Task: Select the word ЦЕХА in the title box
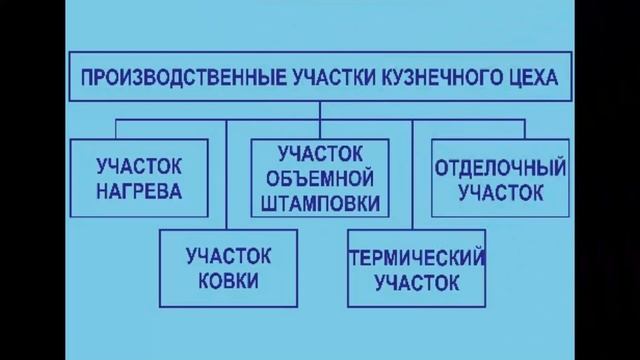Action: pyautogui.click(x=524, y=76)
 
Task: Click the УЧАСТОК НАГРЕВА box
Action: pyautogui.click(x=140, y=178)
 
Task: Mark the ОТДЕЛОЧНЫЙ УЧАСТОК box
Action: pyautogui.click(x=501, y=178)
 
